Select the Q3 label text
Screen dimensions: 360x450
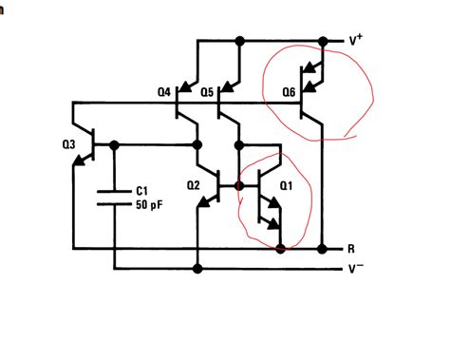point(68,144)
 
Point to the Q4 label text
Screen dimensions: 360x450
point(164,92)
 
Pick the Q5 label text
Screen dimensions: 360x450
point(206,92)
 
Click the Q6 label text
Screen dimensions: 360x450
point(289,92)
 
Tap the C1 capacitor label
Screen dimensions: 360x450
point(141,190)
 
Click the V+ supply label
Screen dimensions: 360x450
point(355,41)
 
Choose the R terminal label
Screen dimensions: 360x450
point(351,249)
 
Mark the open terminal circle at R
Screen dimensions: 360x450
point(340,249)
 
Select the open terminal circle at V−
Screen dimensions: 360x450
point(340,269)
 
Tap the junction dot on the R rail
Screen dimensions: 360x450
point(281,249)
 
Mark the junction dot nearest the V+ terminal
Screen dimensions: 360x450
point(323,41)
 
